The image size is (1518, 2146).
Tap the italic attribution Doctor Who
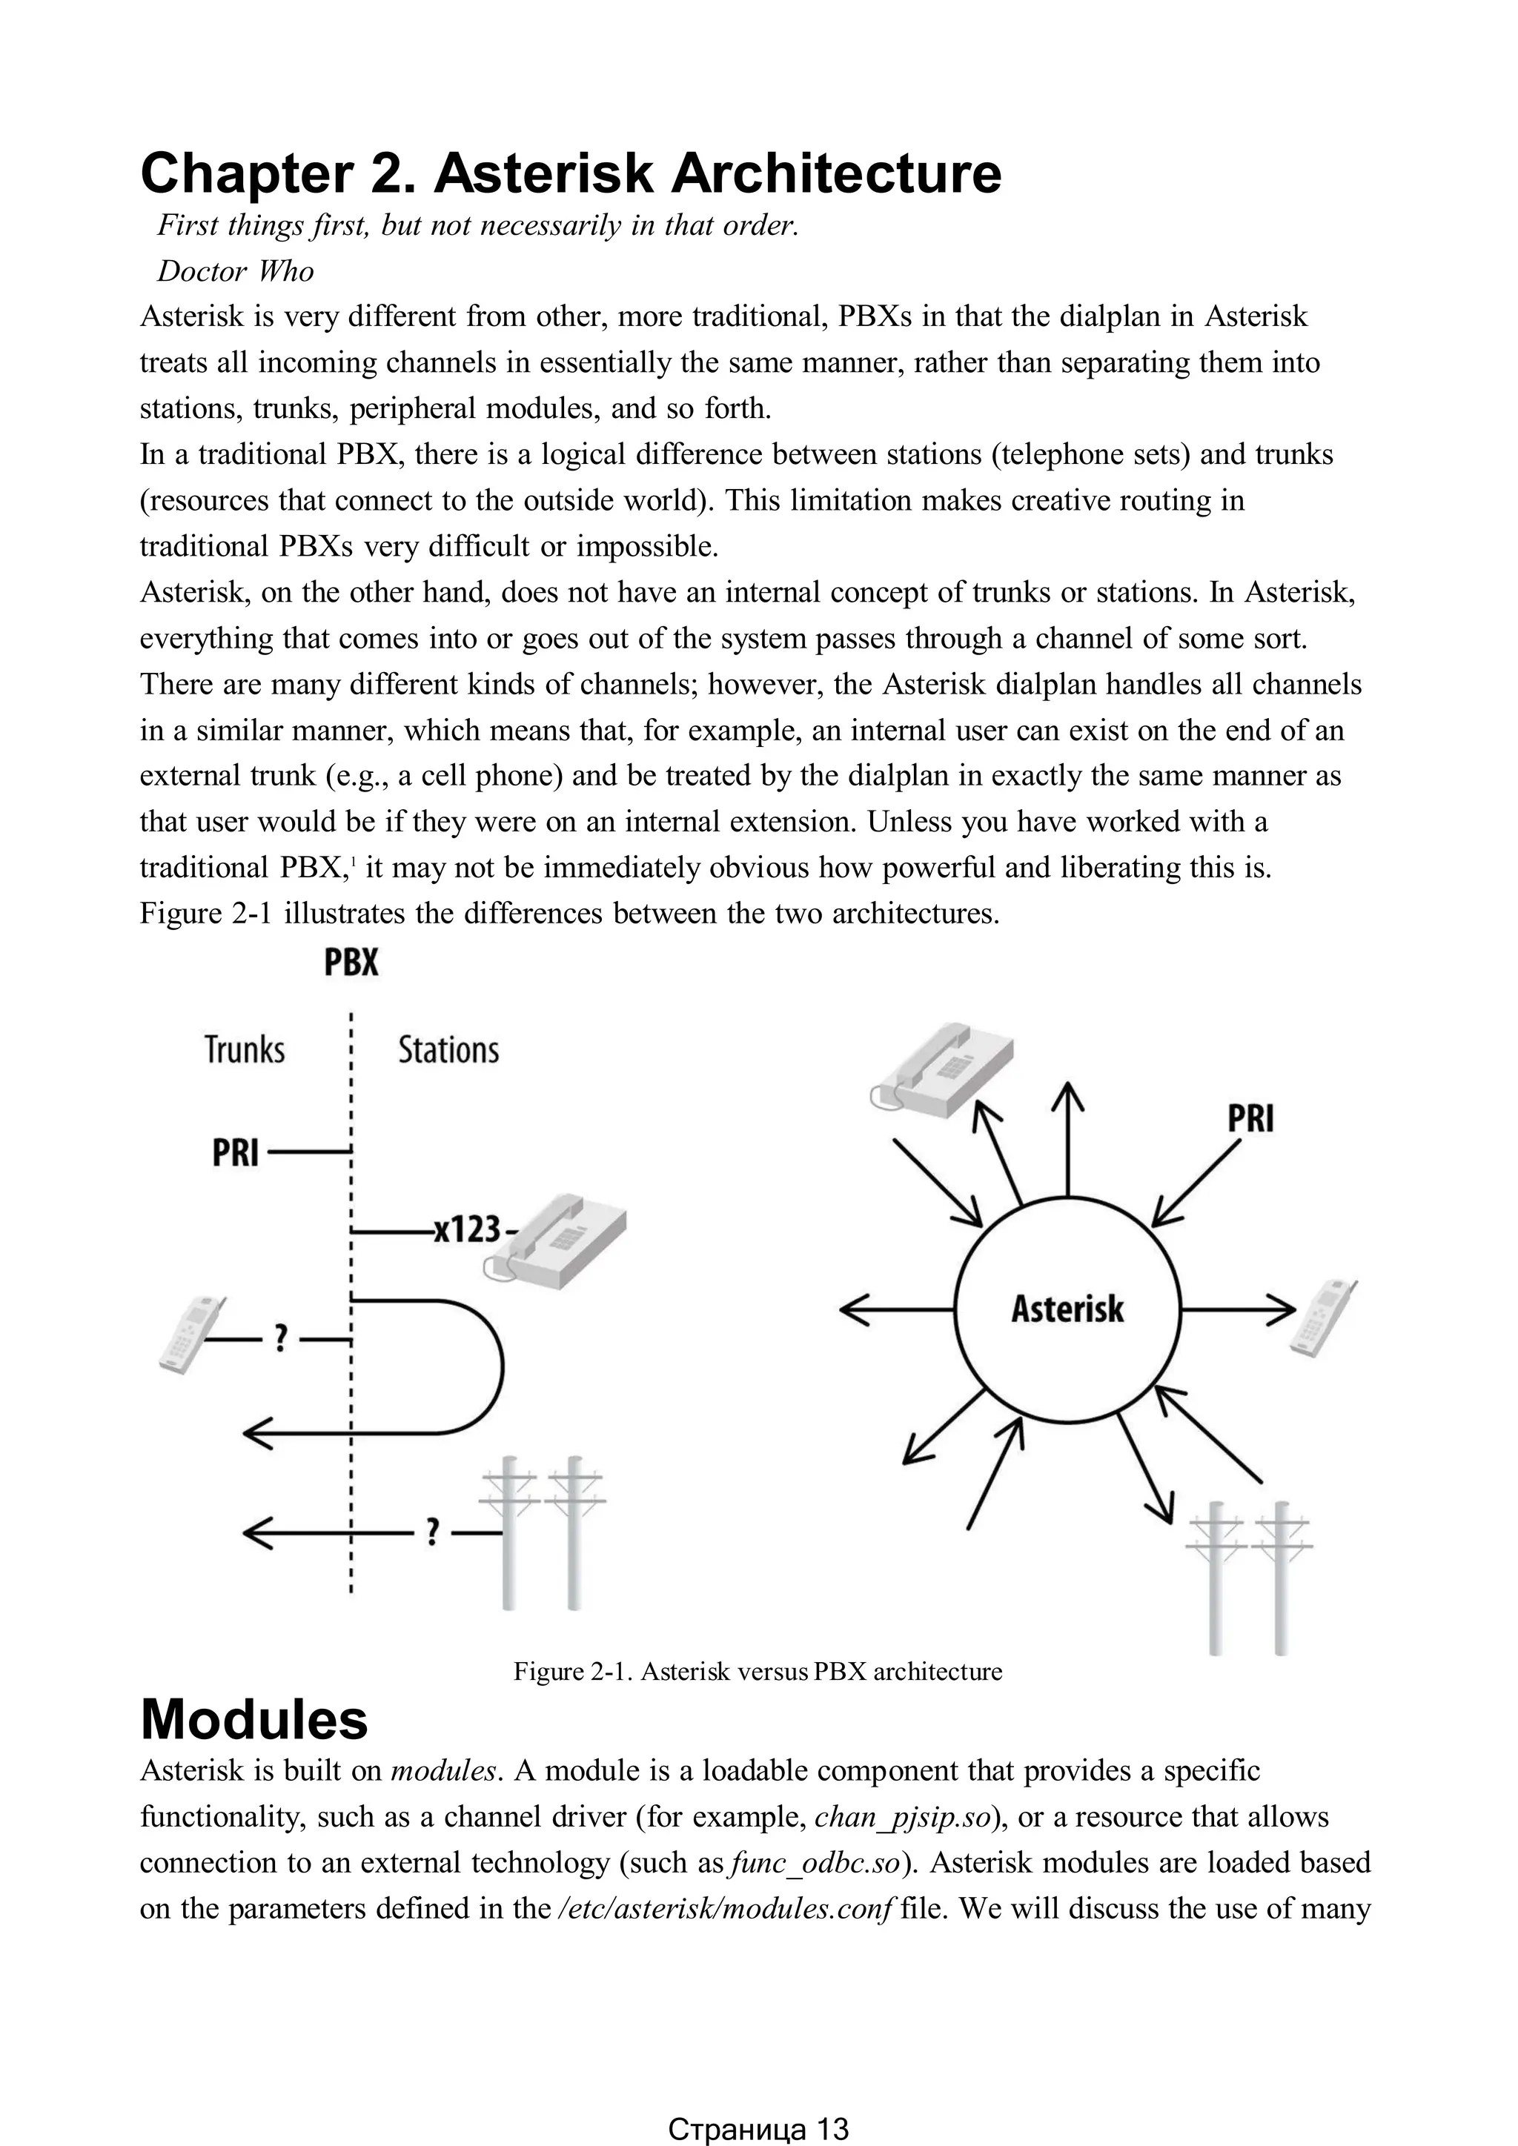(x=235, y=271)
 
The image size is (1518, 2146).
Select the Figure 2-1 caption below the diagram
(x=757, y=1671)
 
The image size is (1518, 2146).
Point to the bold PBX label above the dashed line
(x=351, y=963)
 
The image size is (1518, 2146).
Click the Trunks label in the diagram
(x=245, y=1049)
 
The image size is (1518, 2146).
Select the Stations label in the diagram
(x=448, y=1049)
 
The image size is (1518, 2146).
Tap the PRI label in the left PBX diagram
(x=235, y=1153)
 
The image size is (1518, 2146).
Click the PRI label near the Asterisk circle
(x=1250, y=1119)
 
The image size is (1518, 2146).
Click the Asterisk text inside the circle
(x=1067, y=1309)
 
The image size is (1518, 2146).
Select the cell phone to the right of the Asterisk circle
(x=1324, y=1318)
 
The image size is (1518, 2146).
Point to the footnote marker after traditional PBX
(x=351, y=861)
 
